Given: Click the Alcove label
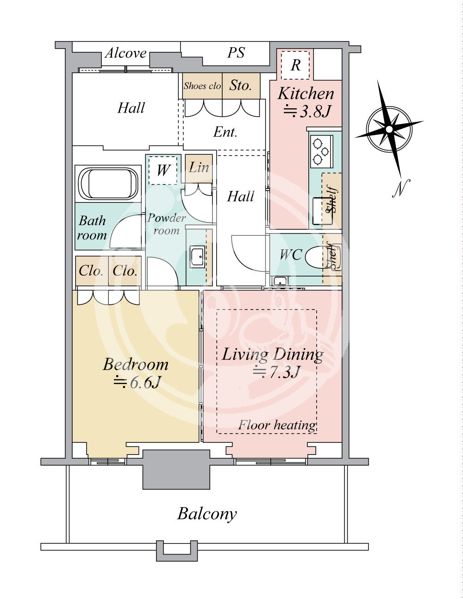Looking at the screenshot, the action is click(125, 53).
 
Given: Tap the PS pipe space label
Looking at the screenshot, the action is click(236, 52).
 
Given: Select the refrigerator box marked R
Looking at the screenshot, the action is click(295, 65).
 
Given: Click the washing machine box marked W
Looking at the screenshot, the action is click(163, 170).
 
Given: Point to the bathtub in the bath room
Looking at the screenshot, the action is click(108, 183).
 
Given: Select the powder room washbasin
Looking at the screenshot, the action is click(198, 257).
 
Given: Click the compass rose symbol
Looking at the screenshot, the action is click(389, 129).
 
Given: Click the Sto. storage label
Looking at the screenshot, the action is click(240, 85).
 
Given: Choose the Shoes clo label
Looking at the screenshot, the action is click(202, 86).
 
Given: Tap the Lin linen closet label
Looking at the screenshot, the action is click(199, 167).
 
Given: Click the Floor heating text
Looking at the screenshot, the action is click(277, 425).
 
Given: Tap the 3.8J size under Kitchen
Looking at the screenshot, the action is click(307, 111).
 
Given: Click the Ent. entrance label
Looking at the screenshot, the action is click(225, 132).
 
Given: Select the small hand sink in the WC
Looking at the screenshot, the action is click(280, 281).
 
